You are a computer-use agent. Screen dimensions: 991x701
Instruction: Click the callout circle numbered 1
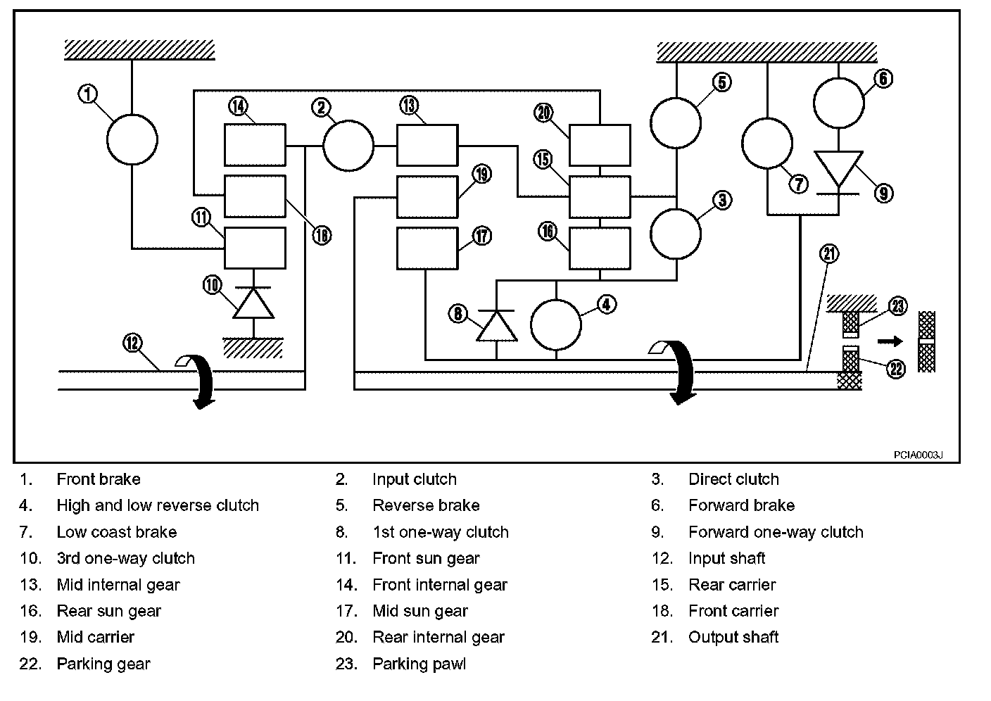(87, 94)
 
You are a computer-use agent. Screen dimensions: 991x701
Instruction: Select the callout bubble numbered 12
(132, 343)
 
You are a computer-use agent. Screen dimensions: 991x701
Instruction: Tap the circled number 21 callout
(829, 254)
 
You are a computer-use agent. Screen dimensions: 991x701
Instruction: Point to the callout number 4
(607, 304)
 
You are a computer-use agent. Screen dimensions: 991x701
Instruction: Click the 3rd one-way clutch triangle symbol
(253, 303)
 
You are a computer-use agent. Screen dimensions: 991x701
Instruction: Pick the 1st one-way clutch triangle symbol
(496, 325)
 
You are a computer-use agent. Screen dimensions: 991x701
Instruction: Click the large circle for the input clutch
(348, 146)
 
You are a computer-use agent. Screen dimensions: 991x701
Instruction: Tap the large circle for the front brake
(132, 139)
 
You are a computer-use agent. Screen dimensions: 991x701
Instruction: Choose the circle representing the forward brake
(839, 103)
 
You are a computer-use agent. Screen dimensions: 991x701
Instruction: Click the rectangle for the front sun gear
(255, 248)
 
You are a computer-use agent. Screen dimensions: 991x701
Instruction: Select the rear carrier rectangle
(600, 197)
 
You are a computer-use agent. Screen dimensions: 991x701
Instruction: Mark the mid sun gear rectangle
(427, 248)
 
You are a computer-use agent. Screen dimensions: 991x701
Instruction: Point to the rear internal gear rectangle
(600, 146)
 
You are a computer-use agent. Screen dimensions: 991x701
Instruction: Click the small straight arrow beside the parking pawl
(890, 341)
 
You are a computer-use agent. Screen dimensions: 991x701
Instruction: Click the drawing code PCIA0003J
(918, 455)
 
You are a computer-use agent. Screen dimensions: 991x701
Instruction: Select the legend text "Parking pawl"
(419, 664)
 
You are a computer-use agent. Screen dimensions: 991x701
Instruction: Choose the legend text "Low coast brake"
(117, 531)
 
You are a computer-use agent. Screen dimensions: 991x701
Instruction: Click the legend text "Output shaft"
(733, 638)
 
